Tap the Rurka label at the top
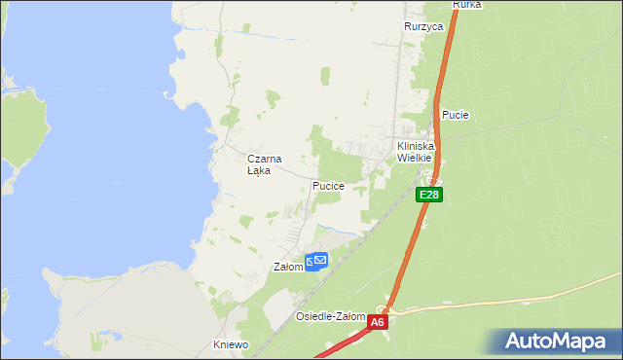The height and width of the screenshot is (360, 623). click(467, 5)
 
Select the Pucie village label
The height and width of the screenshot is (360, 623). click(456, 115)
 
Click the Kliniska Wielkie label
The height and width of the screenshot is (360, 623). click(415, 152)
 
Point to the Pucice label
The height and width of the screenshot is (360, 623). click(328, 185)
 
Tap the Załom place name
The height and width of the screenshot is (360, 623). click(289, 267)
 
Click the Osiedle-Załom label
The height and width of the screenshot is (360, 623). click(330, 316)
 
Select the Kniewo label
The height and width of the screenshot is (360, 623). click(231, 344)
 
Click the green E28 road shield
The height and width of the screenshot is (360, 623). click(430, 195)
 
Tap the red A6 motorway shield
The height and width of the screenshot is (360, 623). click(378, 321)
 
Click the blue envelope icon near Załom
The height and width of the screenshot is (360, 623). click(317, 261)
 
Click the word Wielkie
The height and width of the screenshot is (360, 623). click(415, 158)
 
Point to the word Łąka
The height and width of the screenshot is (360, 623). click(258, 170)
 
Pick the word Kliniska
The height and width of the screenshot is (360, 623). click(415, 146)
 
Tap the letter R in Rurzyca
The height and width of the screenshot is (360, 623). click(408, 27)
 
